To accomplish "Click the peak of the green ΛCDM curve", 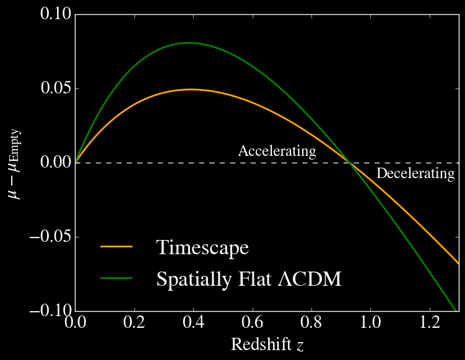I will point(188,43).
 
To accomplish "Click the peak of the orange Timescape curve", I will point(192,90).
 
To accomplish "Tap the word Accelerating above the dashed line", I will point(277,151).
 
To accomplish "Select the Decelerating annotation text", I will point(415,174).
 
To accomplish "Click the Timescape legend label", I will point(202,247).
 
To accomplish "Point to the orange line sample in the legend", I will point(116,247).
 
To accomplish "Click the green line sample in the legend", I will point(116,278).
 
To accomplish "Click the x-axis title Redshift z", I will point(267,345).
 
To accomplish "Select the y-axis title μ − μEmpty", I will point(14,163).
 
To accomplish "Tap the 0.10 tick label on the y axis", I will point(56,14).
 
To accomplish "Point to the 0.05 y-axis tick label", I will point(56,88).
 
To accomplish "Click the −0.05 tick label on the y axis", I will point(51,237).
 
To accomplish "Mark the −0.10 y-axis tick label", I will point(51,311).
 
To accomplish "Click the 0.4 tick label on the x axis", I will point(193,324).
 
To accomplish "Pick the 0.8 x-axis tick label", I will point(311,324).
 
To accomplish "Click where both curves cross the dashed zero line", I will point(348,163).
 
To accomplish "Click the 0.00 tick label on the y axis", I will point(56,163).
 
